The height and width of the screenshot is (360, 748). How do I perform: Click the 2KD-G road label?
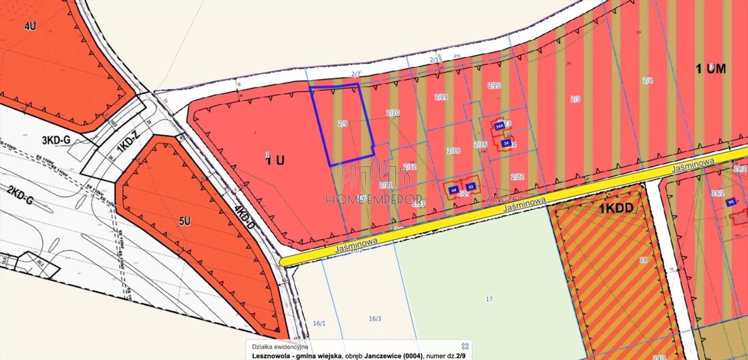(x=20, y=196)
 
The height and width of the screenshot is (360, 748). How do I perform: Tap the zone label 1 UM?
(x=710, y=69)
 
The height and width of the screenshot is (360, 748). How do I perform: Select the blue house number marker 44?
(x=453, y=190)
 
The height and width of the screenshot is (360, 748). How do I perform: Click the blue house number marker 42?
(x=471, y=187)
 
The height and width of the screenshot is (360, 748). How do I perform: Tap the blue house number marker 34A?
(x=499, y=126)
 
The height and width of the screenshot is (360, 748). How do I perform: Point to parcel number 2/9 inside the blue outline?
(x=343, y=124)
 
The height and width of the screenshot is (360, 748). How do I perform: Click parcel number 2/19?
(x=441, y=97)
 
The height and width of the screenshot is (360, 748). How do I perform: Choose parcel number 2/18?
(x=453, y=150)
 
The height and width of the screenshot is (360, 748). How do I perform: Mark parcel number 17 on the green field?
(x=489, y=299)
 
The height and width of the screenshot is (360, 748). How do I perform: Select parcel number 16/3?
(x=375, y=319)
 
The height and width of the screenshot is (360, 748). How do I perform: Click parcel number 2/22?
(x=518, y=176)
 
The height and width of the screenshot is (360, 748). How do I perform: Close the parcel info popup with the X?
(x=465, y=346)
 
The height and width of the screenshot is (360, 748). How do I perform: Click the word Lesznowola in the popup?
(x=271, y=355)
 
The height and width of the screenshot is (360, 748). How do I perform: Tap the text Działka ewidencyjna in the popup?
(x=280, y=347)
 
